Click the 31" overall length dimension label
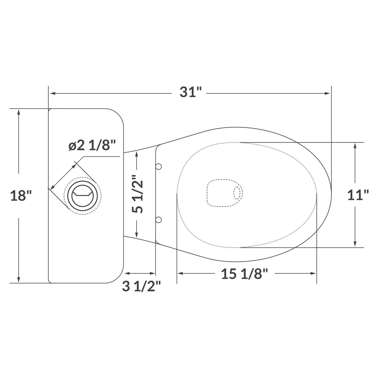coord(191,93)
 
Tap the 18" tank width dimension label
coord(21,196)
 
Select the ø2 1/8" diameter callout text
coord(92,145)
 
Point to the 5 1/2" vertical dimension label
coord(138,194)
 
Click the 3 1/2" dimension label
coord(141,287)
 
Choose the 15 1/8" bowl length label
coord(245,274)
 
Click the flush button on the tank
coord(82,196)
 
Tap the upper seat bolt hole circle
coord(159,167)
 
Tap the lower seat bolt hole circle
coord(159,220)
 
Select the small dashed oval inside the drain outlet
coord(237,193)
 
